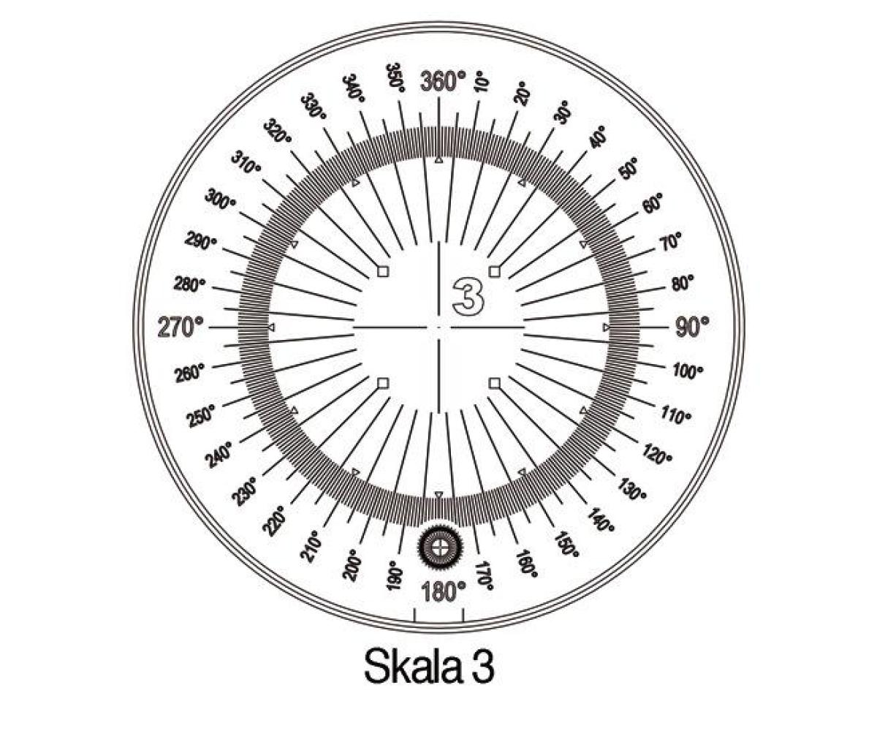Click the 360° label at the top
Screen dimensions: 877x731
(x=443, y=81)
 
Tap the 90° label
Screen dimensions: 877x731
(x=692, y=327)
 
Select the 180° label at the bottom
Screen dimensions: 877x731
(x=443, y=591)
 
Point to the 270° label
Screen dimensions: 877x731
(x=181, y=327)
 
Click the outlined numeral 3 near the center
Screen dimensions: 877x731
(x=468, y=296)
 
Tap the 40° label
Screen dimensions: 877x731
(x=598, y=137)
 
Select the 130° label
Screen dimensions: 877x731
(x=631, y=490)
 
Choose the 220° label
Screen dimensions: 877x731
(x=274, y=521)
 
